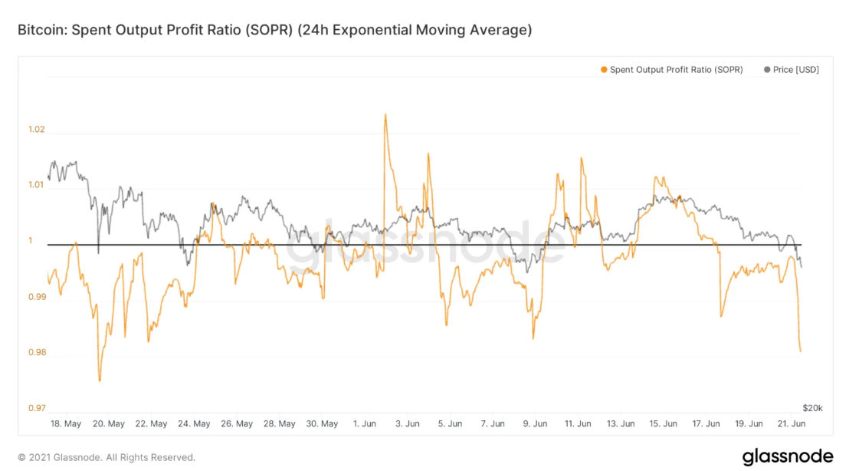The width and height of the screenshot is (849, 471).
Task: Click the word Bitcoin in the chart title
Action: point(40,31)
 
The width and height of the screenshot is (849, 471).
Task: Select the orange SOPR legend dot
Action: point(604,70)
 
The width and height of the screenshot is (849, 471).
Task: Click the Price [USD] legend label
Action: point(796,70)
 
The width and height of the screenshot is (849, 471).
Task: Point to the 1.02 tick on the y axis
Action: point(36,129)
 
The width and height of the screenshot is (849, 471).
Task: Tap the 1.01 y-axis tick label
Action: point(36,185)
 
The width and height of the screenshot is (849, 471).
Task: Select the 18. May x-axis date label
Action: point(66,423)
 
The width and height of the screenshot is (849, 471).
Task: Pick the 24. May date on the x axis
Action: point(195,423)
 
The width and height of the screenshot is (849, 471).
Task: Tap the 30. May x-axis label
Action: point(323,423)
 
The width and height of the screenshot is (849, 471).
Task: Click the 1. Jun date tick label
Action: point(365,423)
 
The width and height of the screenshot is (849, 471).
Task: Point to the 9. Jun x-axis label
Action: point(536,423)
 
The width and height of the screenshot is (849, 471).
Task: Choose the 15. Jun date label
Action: point(664,423)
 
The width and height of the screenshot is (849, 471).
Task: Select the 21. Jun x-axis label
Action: point(792,423)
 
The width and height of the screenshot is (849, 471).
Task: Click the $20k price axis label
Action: point(812,407)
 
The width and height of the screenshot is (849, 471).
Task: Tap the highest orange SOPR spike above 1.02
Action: point(385,115)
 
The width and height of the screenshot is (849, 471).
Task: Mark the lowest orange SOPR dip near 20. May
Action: point(100,380)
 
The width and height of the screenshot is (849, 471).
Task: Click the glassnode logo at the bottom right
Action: point(788,456)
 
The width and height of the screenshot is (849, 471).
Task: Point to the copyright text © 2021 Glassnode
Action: point(107,457)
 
